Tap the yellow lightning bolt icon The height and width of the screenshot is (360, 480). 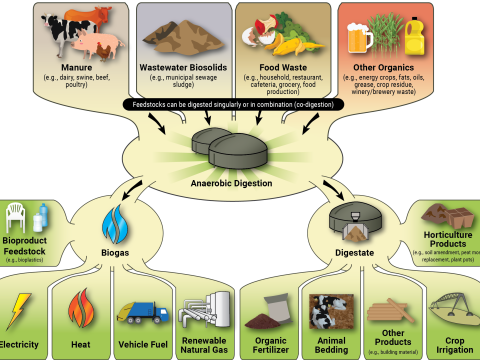pyautogui.click(x=20, y=311)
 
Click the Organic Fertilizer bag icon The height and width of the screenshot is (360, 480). pyautogui.click(x=271, y=311)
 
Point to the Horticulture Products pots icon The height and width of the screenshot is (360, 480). pyautogui.click(x=449, y=214)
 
